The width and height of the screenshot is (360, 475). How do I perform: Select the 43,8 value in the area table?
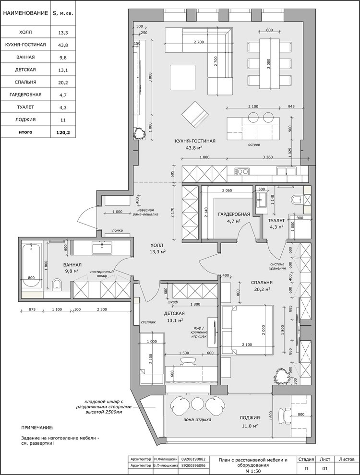63,45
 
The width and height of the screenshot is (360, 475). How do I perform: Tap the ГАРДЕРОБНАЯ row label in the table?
25,95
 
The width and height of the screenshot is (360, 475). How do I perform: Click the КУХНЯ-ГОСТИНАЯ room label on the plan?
195,141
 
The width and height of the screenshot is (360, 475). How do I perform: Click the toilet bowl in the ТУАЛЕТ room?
296,199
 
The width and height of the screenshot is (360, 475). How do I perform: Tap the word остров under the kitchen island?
254,145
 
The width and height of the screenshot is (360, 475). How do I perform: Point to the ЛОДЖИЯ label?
250,418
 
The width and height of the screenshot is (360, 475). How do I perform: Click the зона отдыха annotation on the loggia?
197,420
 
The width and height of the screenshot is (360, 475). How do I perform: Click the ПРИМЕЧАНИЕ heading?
37,428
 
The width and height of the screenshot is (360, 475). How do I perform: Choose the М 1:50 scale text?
253,471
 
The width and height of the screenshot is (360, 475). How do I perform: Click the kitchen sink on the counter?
242,171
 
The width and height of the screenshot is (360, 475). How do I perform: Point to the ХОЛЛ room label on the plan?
157,245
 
